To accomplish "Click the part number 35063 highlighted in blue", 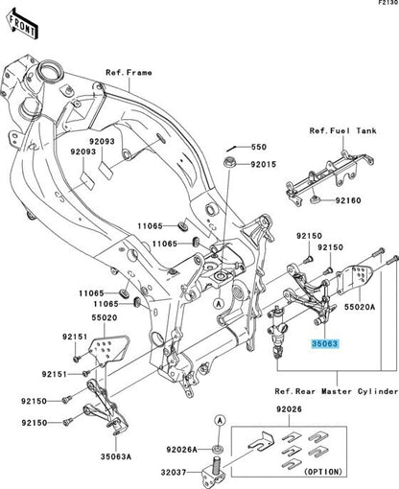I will tap(322, 341).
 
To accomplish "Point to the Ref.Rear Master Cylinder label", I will tap(335, 391).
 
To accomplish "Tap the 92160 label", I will tap(348, 202).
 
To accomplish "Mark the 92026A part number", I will tap(182, 449).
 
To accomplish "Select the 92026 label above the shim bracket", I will tap(289, 411).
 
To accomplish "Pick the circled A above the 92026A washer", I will tap(220, 421).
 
